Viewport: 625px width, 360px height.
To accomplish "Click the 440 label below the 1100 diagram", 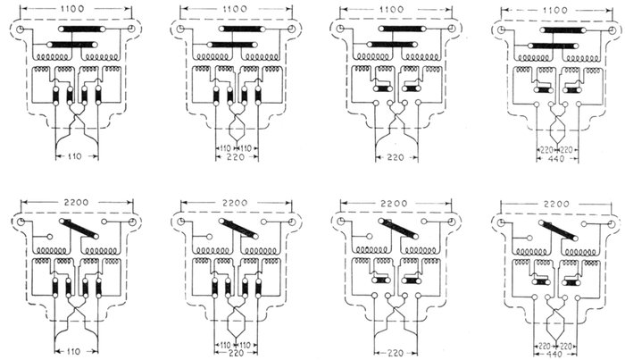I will coord(555,161).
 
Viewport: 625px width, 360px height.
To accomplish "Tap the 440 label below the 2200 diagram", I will coord(555,351).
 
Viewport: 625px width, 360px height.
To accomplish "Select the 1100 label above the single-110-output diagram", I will coord(75,7).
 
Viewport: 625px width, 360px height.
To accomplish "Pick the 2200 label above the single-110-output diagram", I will coord(75,203).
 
